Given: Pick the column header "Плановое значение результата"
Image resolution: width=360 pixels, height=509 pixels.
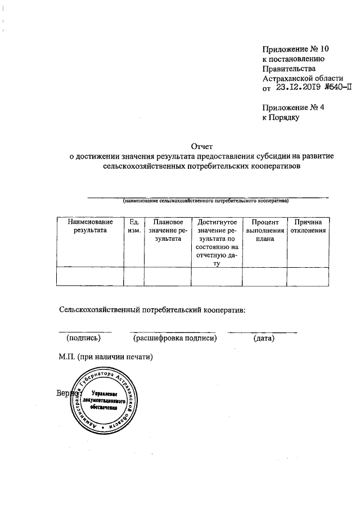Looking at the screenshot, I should [168, 231].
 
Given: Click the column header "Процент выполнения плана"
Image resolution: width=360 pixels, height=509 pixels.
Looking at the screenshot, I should [264, 231].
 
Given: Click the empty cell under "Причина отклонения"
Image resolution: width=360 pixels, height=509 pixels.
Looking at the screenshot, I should [308, 277].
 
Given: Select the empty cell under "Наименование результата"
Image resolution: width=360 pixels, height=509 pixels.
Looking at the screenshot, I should [90, 277].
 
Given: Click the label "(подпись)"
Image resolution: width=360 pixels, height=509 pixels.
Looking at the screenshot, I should [84, 338].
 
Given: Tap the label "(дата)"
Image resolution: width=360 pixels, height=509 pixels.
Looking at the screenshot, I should [264, 338].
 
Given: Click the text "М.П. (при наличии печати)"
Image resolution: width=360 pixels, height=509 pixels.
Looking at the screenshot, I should [106, 357].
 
